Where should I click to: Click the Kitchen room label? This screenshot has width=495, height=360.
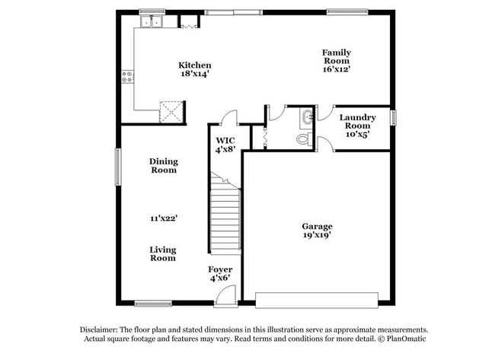[x=194, y=65]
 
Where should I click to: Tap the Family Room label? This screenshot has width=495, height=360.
[x=336, y=56]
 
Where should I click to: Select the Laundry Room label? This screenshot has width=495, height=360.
[x=357, y=121]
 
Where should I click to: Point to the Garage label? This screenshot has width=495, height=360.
[x=317, y=226]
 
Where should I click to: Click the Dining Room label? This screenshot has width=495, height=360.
[x=163, y=165]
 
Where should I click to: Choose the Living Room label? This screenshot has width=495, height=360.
[x=162, y=253]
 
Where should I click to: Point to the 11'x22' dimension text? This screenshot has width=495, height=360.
[x=164, y=218]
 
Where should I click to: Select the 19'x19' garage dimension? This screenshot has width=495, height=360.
[x=317, y=236]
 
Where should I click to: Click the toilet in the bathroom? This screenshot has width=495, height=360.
[x=303, y=139]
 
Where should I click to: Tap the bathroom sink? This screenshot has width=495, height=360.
[x=306, y=117]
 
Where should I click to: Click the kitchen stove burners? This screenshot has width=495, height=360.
[x=128, y=76]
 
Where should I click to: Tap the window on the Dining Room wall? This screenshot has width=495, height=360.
[x=117, y=166]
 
